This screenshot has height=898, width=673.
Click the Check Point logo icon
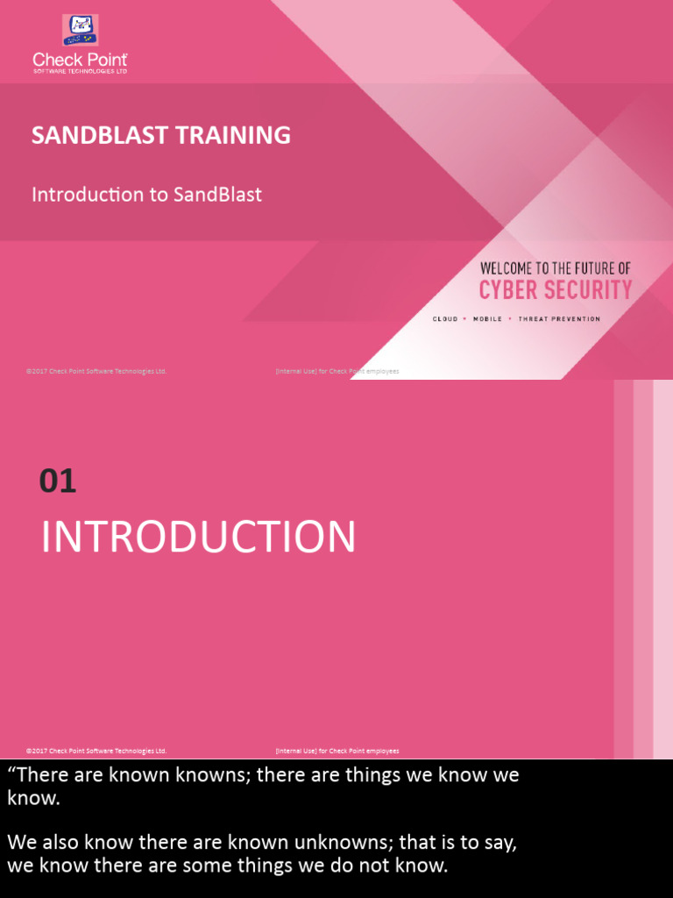(x=80, y=30)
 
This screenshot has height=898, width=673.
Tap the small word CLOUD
(x=445, y=319)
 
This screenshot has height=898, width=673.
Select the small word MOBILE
(x=487, y=319)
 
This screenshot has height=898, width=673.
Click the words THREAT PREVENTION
(x=559, y=319)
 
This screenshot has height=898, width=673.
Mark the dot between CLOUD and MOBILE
(x=465, y=319)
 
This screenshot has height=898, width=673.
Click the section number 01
(x=58, y=481)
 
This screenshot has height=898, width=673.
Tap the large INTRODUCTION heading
(x=198, y=537)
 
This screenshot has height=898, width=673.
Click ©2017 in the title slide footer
(x=36, y=372)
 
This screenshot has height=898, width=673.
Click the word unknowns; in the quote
(x=341, y=843)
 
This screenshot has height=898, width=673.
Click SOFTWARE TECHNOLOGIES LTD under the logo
(x=80, y=71)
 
